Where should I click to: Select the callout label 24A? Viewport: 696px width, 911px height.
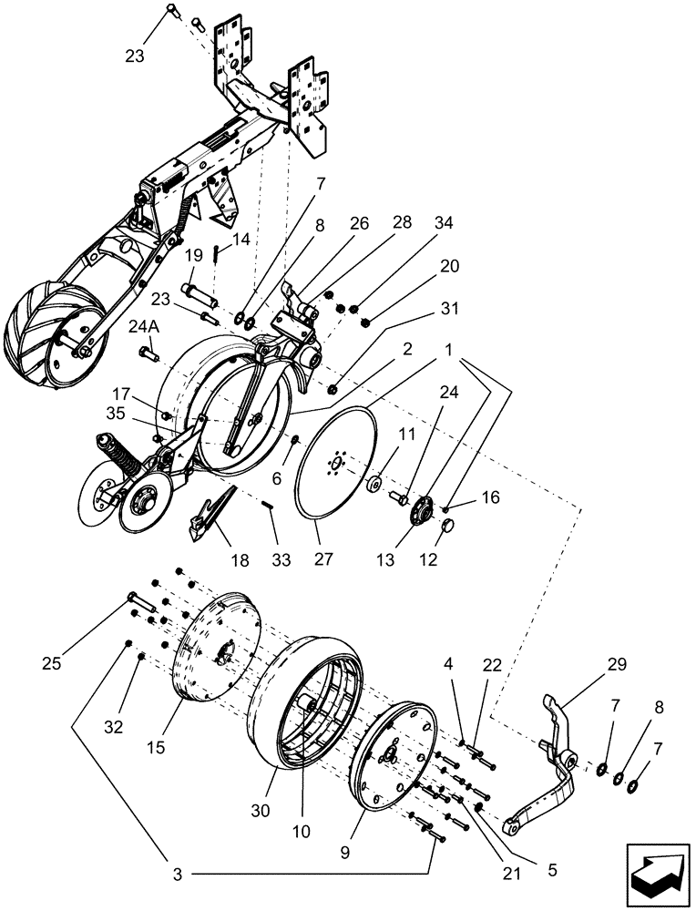142,327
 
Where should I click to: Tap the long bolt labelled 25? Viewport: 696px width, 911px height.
137,601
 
